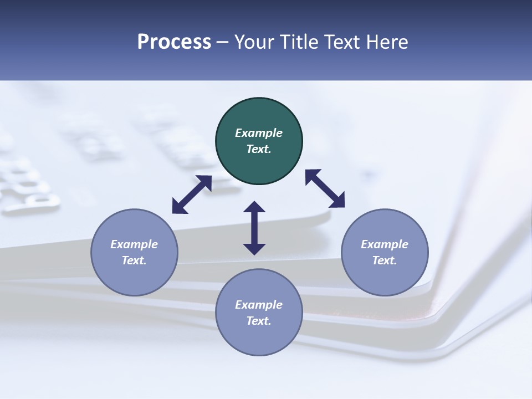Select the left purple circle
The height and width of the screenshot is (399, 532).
pos(134,252)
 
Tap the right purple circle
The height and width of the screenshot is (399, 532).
pos(385,252)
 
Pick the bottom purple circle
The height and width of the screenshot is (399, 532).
pos(259,312)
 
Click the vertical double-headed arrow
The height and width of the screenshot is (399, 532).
pos(254,228)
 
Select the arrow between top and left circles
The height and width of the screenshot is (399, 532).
pos(192,195)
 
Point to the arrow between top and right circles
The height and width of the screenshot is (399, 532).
pos(325,188)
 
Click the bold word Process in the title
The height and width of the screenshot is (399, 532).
pos(174,42)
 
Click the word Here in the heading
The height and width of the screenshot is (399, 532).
pos(388,42)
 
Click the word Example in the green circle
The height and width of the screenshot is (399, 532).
pos(259,133)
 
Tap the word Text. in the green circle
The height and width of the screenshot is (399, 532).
pos(259,149)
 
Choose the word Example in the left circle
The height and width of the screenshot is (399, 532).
pos(134,244)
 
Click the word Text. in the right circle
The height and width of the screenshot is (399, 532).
pos(385,260)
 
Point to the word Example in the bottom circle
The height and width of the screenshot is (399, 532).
pos(259,305)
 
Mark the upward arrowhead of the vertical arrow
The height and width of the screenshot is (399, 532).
pos(254,207)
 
